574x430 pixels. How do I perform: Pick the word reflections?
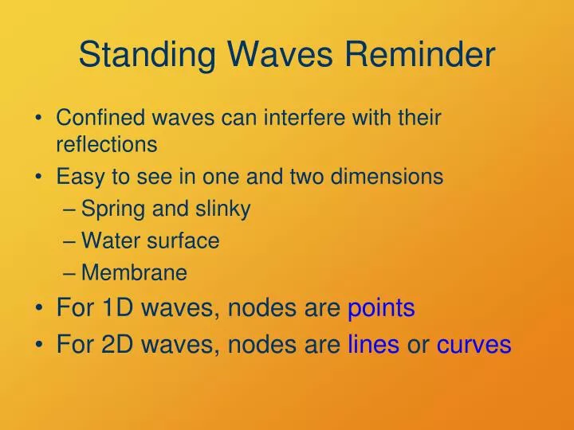pyautogui.click(x=106, y=145)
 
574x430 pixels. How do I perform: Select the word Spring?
pyautogui.click(x=108, y=209)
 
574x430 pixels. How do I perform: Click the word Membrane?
pyautogui.click(x=135, y=273)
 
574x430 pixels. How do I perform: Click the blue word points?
pyautogui.click(x=381, y=308)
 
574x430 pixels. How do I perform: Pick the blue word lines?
pyautogui.click(x=373, y=345)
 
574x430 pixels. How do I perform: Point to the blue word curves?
pyautogui.click(x=474, y=345)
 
